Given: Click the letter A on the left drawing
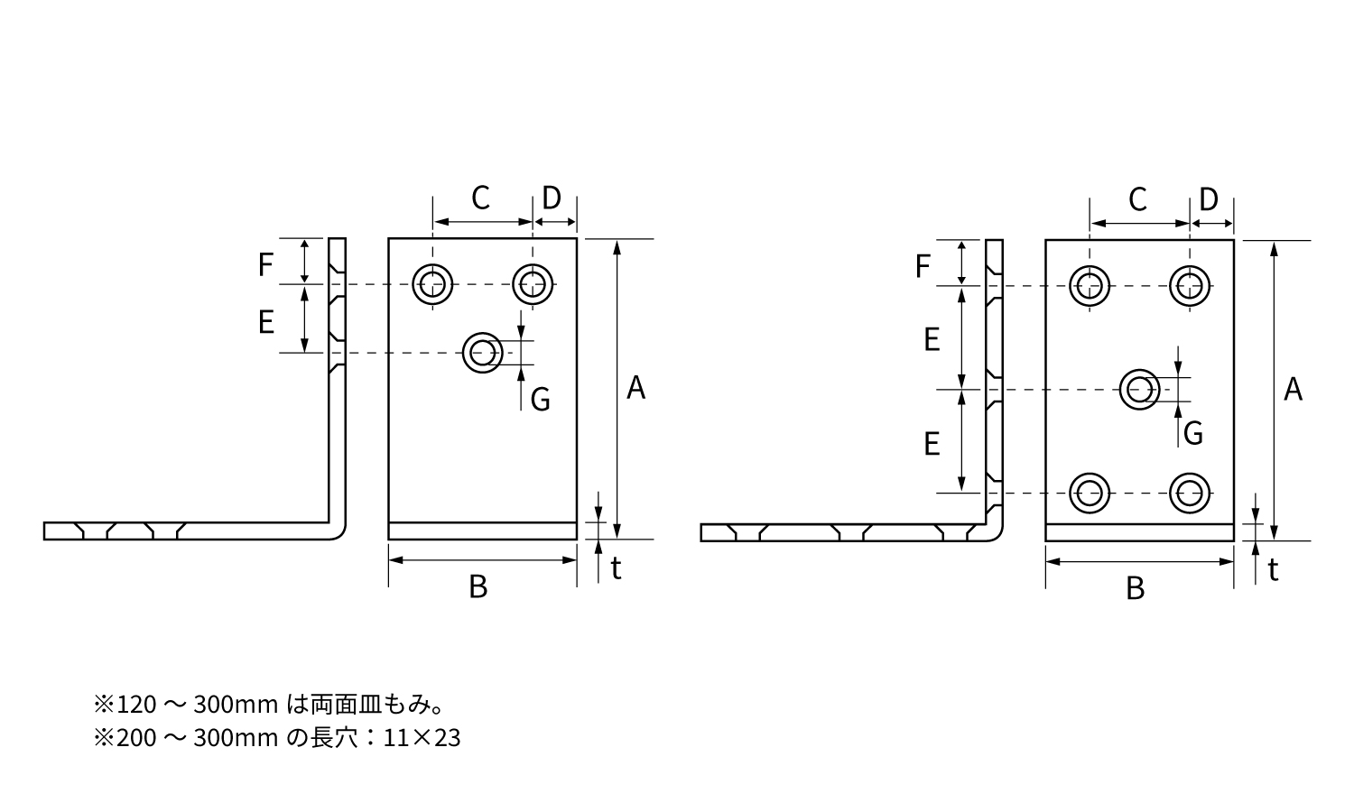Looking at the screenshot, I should click(636, 388).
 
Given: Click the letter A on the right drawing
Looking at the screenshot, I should click(1294, 390).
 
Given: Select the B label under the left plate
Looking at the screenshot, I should click(478, 587).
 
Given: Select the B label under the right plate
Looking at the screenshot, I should click(1136, 589).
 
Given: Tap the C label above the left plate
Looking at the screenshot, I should click(480, 198).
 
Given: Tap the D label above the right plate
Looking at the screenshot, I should click(1209, 199).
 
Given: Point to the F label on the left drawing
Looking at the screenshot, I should click(265, 264).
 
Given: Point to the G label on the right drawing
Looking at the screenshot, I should click(1193, 434).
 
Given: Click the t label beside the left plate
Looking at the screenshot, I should click(616, 568).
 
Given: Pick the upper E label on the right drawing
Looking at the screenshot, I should click(932, 339).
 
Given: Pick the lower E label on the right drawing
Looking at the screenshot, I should click(932, 443).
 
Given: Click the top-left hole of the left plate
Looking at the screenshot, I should click(432, 284).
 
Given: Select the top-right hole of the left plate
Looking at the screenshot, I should click(533, 284).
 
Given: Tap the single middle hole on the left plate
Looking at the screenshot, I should click(483, 352).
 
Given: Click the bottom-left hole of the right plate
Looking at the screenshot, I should click(1090, 493).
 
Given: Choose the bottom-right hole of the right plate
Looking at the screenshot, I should click(1190, 493).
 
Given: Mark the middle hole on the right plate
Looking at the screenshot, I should click(1140, 390).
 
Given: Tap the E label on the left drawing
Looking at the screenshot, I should click(265, 322).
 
